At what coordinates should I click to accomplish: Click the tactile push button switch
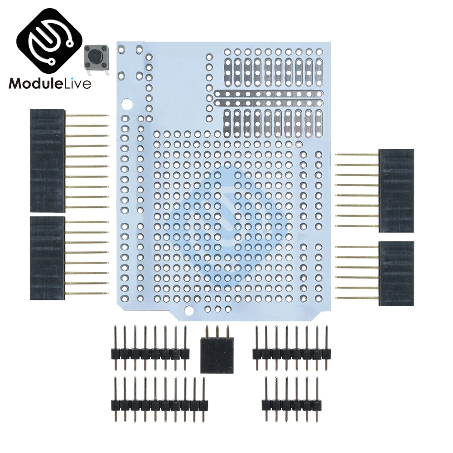tap(96, 58)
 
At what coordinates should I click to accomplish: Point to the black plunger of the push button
tap(96, 57)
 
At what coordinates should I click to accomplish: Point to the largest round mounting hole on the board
tap(128, 104)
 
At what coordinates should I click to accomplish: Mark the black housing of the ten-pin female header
tap(47, 160)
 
